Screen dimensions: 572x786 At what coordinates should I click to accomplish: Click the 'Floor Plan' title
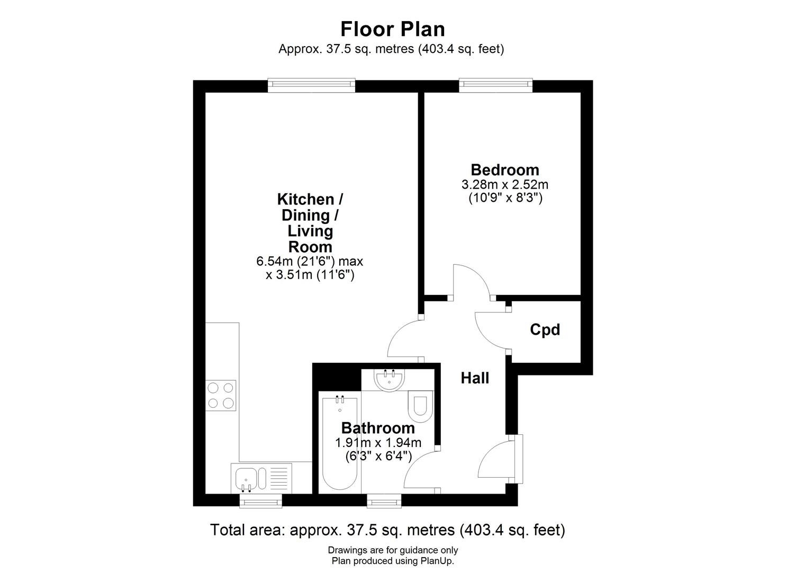[392, 29]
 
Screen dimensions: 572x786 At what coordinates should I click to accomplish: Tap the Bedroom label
[505, 170]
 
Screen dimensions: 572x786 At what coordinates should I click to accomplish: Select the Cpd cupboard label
[545, 330]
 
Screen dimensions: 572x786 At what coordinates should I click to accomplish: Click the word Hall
[475, 378]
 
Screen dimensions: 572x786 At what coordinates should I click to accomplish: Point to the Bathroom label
[378, 428]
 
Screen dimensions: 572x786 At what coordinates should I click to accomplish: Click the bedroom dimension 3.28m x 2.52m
[505, 185]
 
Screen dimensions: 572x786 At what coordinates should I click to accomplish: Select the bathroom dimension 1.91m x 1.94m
[378, 443]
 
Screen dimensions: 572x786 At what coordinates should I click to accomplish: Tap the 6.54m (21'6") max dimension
[310, 261]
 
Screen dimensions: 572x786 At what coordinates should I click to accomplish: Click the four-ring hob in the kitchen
[221, 395]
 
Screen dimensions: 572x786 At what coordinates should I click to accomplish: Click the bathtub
[340, 442]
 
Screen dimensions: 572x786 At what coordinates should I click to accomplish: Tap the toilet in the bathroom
[421, 405]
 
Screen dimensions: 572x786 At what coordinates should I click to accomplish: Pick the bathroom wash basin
[389, 380]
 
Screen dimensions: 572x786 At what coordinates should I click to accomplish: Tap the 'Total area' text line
[387, 530]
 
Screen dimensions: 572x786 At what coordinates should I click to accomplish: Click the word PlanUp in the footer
[437, 561]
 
